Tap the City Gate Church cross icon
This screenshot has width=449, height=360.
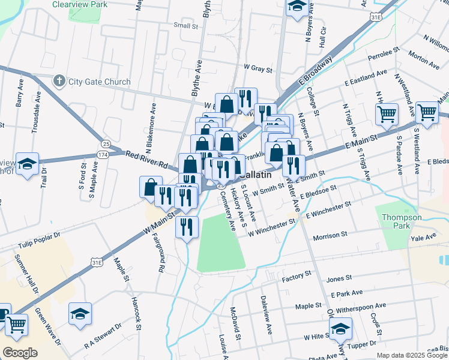coord(59,81)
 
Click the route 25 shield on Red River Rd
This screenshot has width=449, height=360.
coord(106,144)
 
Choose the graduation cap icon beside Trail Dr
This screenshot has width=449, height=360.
coord(27,164)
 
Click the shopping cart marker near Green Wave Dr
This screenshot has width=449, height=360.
coord(16,325)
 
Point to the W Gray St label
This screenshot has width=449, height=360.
coord(258,69)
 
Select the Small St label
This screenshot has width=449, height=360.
coord(185,26)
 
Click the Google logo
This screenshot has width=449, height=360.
coord(20,352)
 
